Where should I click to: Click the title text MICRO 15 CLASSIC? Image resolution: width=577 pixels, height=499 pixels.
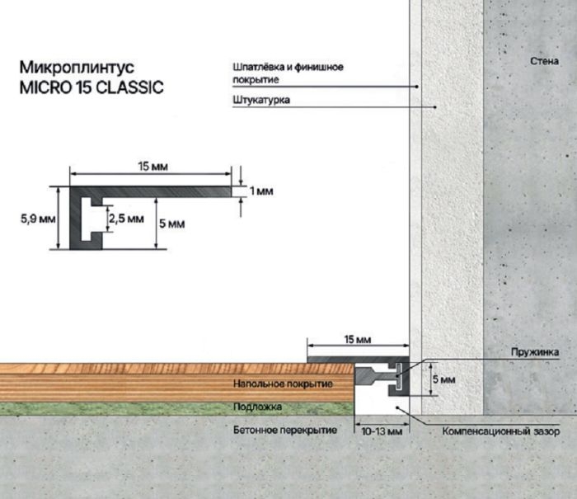click(91, 87)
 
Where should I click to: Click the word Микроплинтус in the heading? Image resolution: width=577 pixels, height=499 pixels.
click(77, 68)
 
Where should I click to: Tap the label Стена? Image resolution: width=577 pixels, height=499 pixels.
click(544, 61)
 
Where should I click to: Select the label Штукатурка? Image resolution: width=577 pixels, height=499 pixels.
click(261, 100)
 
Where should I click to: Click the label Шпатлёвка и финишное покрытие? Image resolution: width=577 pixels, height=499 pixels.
click(288, 73)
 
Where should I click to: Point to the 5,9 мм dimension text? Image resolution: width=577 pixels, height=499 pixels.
click(38, 219)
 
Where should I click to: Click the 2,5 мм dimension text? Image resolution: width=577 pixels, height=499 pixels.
click(126, 219)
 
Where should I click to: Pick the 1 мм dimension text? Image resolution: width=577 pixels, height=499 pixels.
click(261, 191)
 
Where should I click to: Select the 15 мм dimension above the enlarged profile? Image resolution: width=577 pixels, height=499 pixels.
click(153, 167)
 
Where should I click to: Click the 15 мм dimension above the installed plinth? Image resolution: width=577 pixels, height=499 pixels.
click(358, 340)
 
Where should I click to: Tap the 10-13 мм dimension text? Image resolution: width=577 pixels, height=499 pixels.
click(382, 431)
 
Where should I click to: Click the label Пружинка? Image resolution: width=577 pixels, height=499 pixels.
click(535, 352)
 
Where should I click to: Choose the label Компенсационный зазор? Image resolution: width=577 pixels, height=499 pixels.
click(501, 431)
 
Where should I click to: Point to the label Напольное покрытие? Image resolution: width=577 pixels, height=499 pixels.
click(283, 384)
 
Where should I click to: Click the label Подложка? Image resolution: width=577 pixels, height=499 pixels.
click(257, 407)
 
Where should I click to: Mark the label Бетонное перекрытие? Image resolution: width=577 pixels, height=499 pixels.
click(285, 431)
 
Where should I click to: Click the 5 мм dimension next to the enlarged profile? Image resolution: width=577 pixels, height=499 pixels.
click(171, 224)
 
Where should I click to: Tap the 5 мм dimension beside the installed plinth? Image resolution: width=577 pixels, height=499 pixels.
click(443, 379)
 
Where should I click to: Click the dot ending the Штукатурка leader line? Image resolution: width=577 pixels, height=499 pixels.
click(435, 107)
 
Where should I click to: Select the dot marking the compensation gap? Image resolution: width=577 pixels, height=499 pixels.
click(397, 407)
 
